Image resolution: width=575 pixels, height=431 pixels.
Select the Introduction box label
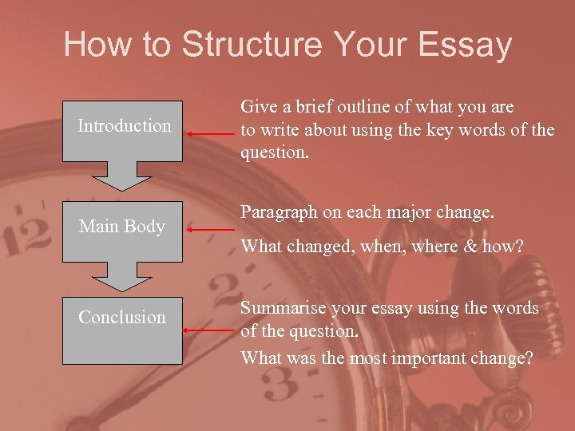tap(124, 125)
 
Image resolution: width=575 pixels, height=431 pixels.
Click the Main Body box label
tap(121, 227)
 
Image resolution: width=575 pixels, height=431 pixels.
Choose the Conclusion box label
tap(121, 317)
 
